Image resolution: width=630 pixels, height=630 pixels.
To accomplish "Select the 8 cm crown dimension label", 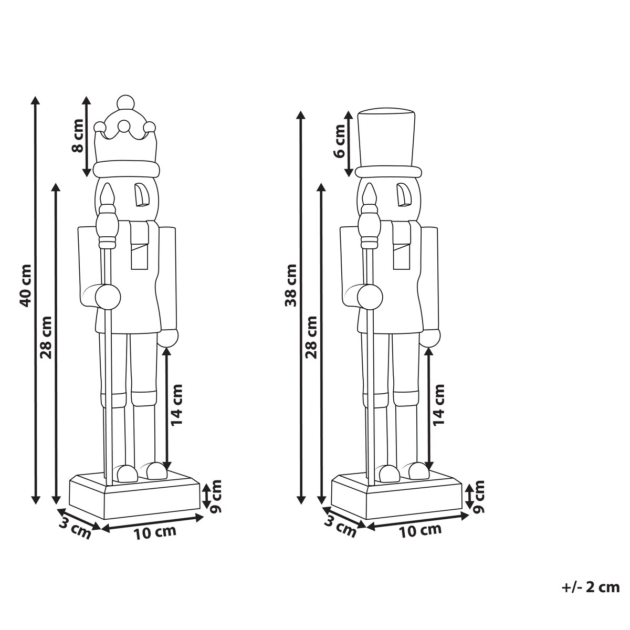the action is pos(78,135).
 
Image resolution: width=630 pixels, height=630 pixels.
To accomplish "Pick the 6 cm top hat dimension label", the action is pos(340,141).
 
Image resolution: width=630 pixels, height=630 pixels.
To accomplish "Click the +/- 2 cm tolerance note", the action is pos(591,587).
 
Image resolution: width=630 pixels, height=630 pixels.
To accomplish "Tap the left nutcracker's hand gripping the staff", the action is pos(108,297).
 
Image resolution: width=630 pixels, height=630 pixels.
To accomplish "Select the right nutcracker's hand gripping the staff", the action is pos(370,297).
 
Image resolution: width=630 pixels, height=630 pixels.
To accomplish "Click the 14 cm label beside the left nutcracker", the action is pos(176,405).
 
